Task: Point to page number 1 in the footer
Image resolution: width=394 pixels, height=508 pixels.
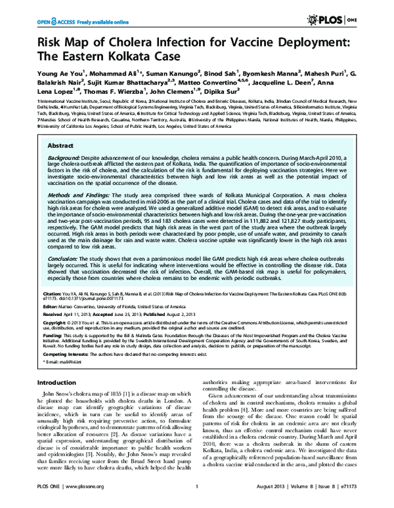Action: pos(196,501)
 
